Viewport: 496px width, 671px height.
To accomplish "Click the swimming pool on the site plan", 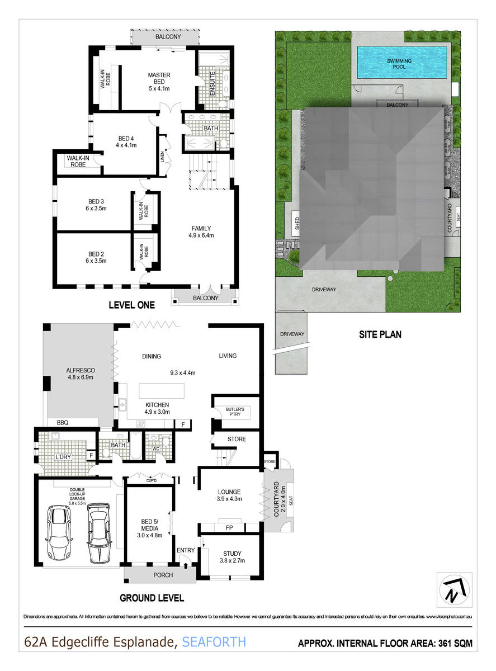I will (x=401, y=62).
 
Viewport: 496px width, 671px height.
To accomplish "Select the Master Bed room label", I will (x=159, y=79).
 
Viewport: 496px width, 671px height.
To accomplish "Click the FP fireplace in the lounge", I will (x=229, y=527).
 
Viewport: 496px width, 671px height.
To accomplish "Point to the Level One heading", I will (x=132, y=305).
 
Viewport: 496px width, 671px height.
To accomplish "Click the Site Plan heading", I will (x=380, y=335).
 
